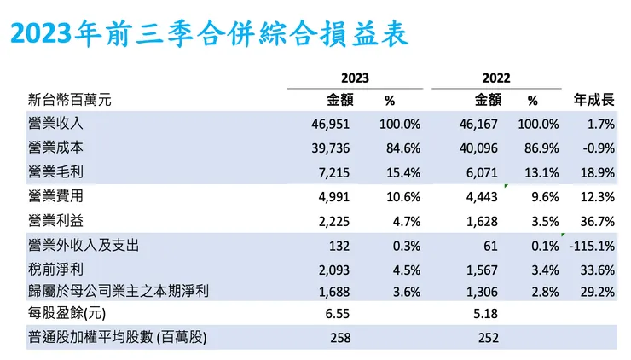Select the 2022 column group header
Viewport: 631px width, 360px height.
[x=495, y=78]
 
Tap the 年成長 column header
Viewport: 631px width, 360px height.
[x=594, y=100]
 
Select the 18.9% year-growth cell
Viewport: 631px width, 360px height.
[x=596, y=172]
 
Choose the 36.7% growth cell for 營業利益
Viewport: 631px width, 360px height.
[x=596, y=220]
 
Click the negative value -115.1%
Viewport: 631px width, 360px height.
[x=591, y=246]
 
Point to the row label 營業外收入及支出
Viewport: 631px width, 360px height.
[x=83, y=246]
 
